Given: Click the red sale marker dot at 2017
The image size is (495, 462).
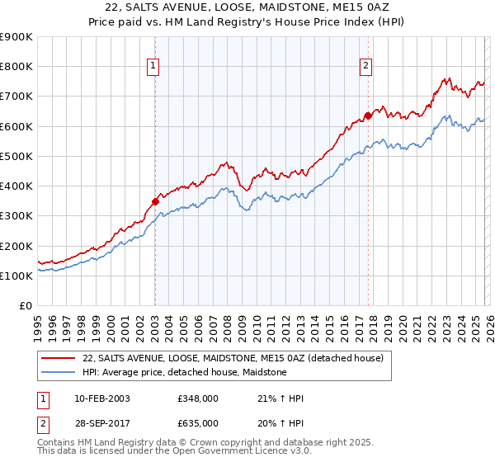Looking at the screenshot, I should click(368, 115).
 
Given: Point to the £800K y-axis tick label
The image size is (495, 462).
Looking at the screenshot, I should click(16, 67).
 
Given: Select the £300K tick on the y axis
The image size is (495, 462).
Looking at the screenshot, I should click(16, 216).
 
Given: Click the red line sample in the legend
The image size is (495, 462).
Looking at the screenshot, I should click(59, 359).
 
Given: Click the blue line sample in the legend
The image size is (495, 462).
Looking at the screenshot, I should click(59, 373).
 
